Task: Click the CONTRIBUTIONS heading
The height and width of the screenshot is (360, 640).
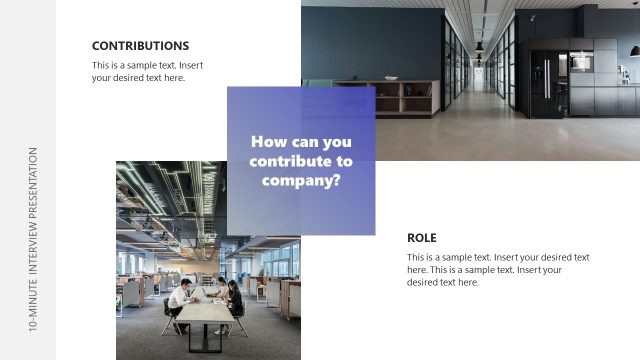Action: click(140, 46)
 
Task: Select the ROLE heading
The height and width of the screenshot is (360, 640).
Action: click(422, 238)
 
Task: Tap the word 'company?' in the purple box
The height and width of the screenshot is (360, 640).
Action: click(301, 181)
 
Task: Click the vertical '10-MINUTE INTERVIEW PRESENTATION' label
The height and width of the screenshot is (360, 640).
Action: click(34, 239)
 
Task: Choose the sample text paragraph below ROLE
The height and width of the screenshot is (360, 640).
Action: click(498, 270)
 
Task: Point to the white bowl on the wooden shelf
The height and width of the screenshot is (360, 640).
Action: click(390, 78)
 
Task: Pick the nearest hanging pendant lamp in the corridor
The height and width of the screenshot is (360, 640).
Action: click(479, 46)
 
